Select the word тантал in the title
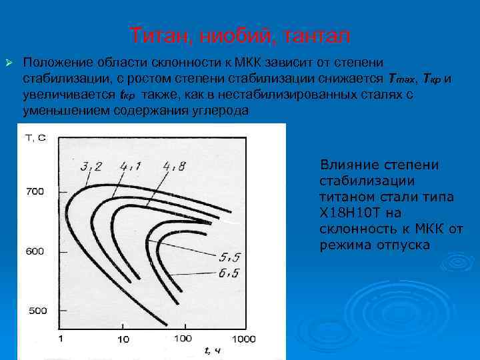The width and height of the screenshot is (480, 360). [x=316, y=35]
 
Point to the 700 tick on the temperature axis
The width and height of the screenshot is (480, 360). [x=35, y=191]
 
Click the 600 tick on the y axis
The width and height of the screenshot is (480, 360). [x=35, y=251]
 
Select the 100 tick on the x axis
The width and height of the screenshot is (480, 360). [x=183, y=339]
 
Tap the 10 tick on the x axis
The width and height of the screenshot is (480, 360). [x=123, y=339]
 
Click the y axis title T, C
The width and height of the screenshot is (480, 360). [x=35, y=138]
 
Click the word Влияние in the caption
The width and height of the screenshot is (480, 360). [x=348, y=165]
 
